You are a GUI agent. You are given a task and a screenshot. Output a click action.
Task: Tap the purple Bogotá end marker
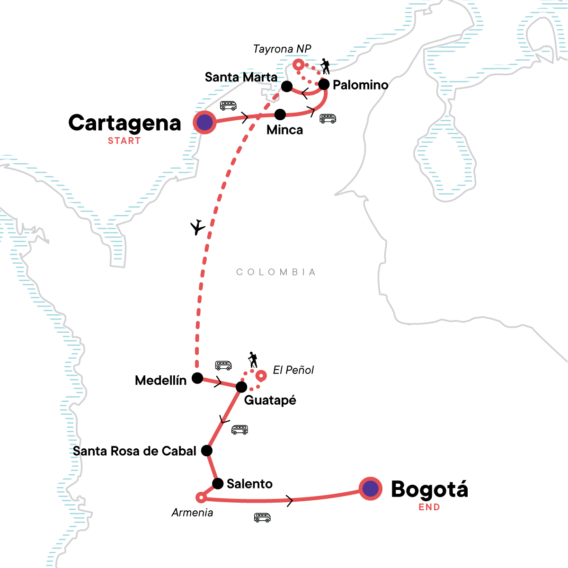click(371, 488)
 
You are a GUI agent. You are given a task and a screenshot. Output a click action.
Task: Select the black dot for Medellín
click(197, 378)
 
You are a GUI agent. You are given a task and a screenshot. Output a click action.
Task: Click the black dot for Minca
click(280, 115)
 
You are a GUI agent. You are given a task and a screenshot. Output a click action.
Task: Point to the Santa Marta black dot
click(287, 86)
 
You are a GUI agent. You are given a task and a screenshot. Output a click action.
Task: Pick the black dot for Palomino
click(324, 85)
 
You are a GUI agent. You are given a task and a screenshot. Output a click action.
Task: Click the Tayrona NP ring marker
click(298, 64)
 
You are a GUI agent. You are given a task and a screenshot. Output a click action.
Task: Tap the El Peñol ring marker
click(261, 376)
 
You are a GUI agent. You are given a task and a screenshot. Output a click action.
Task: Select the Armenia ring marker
click(201, 497)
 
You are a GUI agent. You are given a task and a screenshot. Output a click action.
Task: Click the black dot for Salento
click(218, 484)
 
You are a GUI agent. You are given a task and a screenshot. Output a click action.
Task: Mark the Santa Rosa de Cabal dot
click(207, 451)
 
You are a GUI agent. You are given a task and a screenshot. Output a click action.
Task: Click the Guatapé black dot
click(241, 387)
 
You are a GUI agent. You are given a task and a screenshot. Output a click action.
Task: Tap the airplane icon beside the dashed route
click(197, 228)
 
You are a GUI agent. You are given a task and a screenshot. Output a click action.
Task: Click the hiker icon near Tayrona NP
click(325, 66)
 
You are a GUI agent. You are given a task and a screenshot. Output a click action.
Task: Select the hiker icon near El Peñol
click(253, 360)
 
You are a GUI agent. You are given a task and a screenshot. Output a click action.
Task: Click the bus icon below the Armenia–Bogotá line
click(262, 517)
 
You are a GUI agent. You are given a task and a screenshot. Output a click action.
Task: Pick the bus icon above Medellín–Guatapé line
click(223, 365)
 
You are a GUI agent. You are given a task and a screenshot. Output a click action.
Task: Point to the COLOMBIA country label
click(276, 272)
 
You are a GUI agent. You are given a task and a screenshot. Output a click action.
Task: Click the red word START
click(124, 141)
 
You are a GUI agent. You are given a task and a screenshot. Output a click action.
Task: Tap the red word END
click(429, 507)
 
